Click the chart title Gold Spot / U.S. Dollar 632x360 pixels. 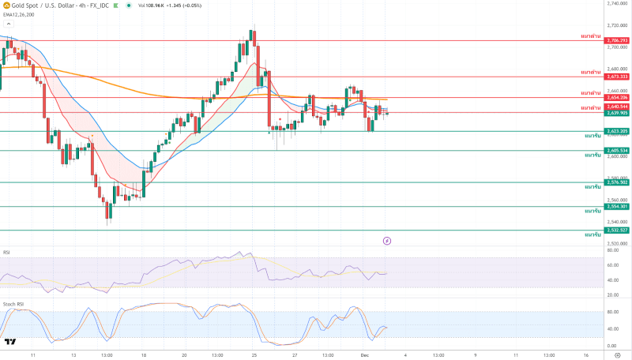[x=39, y=4]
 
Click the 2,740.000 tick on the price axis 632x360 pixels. [x=617, y=4]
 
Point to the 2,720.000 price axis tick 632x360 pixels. [x=617, y=25]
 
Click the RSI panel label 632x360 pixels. [x=6, y=253]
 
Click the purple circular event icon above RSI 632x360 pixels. [x=387, y=240]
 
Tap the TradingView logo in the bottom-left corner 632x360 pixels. [x=10, y=342]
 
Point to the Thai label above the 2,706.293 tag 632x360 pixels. [x=590, y=36]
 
